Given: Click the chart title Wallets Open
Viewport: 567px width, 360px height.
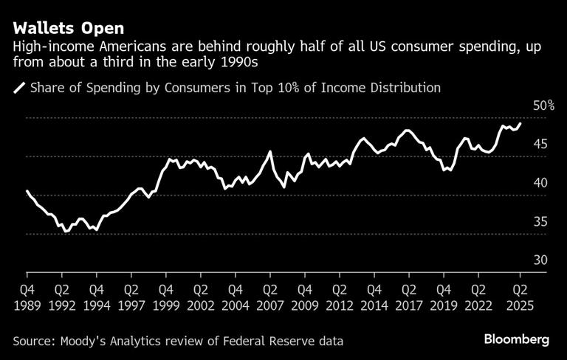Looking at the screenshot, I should click(x=68, y=28).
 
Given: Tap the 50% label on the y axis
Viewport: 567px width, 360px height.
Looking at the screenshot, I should click(x=543, y=106).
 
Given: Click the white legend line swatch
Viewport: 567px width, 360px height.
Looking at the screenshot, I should click(x=18, y=89).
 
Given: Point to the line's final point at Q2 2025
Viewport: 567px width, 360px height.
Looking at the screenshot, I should click(x=520, y=123).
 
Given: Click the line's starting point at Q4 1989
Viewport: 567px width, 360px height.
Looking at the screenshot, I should click(x=27, y=191).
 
